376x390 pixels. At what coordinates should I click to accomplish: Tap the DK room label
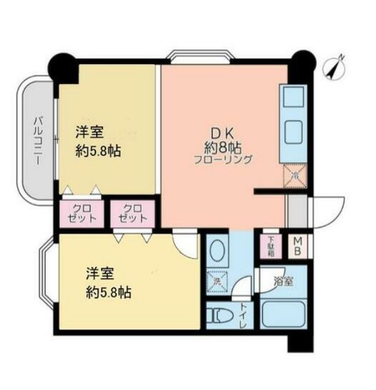point(218,133)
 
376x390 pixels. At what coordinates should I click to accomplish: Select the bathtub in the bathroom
point(282,313)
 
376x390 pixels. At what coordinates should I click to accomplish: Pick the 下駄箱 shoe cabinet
point(271,246)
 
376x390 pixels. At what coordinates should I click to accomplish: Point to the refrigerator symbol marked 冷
point(293,175)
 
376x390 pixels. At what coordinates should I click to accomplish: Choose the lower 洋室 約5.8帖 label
point(107,283)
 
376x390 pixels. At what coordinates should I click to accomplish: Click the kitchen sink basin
point(293,98)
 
